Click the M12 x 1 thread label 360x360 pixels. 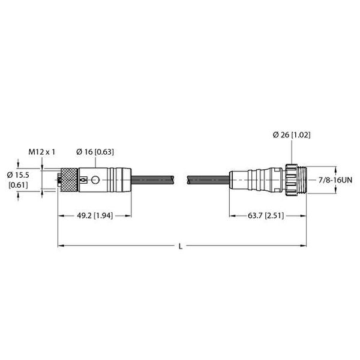pyautogui.click(x=42, y=152)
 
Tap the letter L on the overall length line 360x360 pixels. pyautogui.click(x=182, y=245)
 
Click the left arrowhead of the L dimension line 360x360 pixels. pyautogui.click(x=61, y=245)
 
